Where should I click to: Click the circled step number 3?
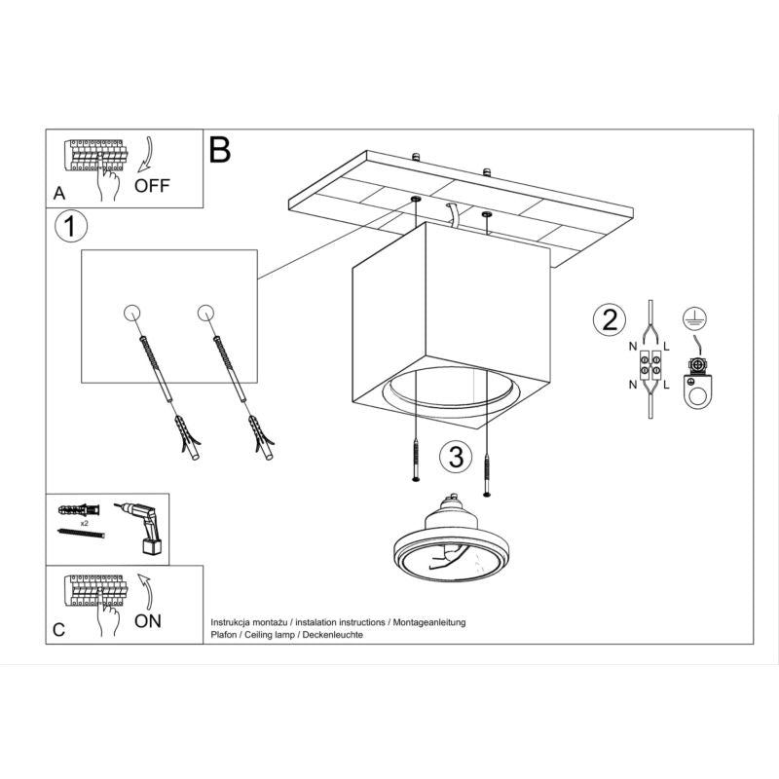[451, 455]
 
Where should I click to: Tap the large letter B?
[220, 149]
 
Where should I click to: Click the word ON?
[147, 620]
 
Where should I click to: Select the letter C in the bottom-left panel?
[59, 629]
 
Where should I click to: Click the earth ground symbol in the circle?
[695, 316]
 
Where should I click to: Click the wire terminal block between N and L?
[649, 368]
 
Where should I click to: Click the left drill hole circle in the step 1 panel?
[132, 313]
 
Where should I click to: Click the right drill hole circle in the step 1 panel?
[204, 313]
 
